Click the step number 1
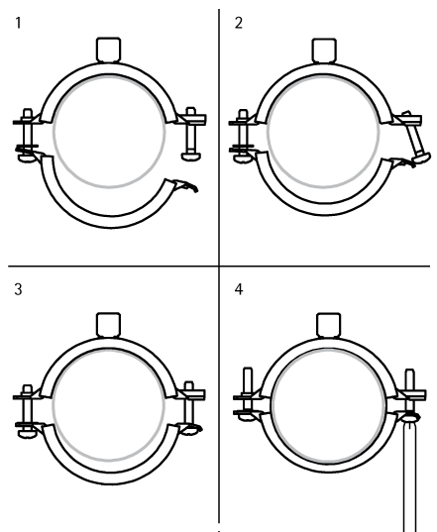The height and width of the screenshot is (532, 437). coord(18,23)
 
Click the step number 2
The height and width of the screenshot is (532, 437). coord(239,23)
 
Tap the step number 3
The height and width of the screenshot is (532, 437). coord(18,289)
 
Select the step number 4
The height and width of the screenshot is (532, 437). coord(239,289)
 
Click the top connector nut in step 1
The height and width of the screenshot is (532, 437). coord(109,50)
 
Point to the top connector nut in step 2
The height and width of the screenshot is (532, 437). coord(324,51)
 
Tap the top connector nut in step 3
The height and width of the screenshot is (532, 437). coord(109,324)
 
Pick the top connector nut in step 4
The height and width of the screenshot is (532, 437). coord(328,325)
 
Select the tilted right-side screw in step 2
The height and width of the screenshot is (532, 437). coord(415,137)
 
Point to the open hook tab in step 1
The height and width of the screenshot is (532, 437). coord(185,185)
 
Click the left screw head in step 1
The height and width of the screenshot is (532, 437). coord(27,158)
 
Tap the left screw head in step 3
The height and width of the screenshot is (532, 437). coord(27,433)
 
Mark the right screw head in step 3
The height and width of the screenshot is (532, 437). coord(190,430)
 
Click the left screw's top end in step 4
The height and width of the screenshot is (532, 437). coord(248,370)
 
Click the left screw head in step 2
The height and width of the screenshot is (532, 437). coord(243,159)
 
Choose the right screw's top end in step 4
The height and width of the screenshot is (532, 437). coord(410,372)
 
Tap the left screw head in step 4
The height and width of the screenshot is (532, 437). coord(247,417)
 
